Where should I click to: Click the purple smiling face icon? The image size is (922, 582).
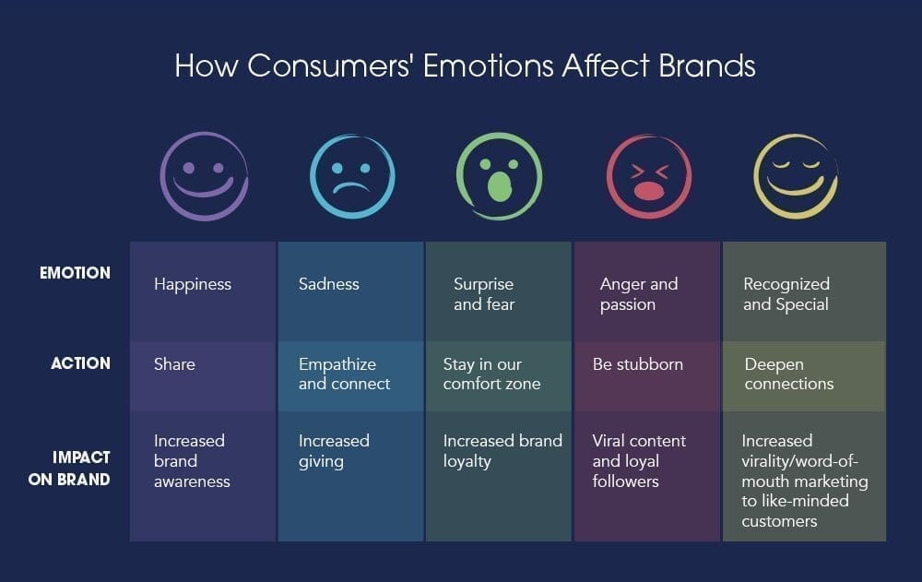click(204, 176)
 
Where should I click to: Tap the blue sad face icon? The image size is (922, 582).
click(352, 176)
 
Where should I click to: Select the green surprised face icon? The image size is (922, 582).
click(499, 176)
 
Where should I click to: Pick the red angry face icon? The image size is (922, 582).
click(649, 176)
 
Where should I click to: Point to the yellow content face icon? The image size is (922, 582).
click(796, 176)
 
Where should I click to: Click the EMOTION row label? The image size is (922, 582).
click(75, 273)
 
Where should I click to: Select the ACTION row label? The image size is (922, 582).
click(80, 363)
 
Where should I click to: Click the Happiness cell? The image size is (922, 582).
click(203, 291)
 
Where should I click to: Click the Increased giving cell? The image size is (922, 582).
click(350, 475)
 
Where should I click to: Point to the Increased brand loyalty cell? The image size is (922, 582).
click(499, 475)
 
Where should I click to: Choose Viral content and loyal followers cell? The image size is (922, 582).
click(647, 475)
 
